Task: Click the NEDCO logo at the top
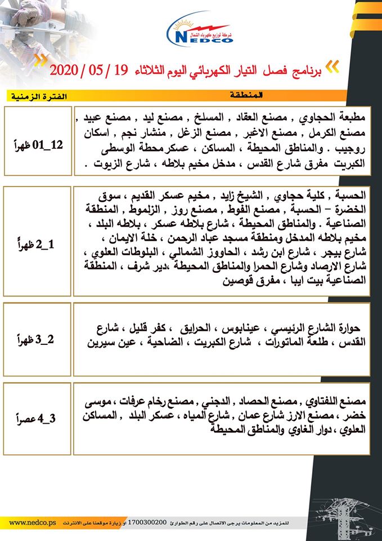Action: (x=202, y=31)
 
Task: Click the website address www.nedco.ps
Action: (x=32, y=522)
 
